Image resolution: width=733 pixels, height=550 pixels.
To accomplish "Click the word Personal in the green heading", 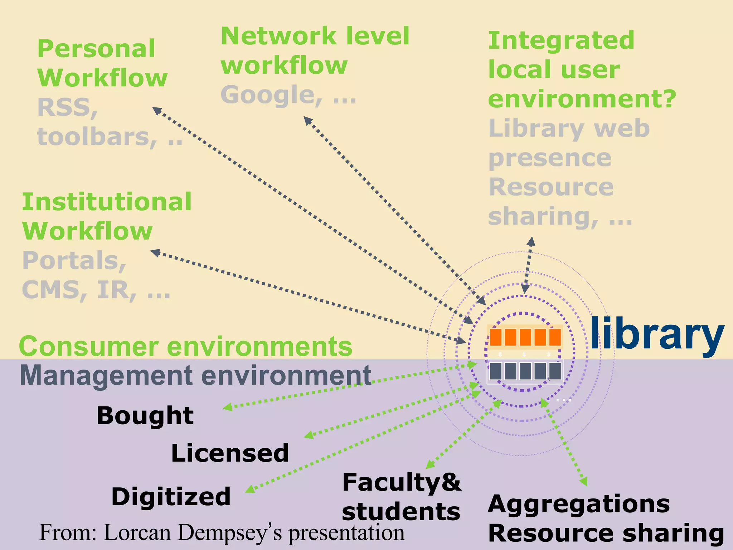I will tap(96, 49).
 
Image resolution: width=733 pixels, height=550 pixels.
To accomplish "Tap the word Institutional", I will tap(107, 202).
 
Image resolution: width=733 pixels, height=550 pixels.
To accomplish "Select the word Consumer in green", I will tap(89, 347).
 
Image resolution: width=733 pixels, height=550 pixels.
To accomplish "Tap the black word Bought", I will tap(145, 416).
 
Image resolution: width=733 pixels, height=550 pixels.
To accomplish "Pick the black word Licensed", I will tap(230, 453).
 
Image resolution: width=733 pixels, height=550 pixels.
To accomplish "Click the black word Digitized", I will tap(171, 497).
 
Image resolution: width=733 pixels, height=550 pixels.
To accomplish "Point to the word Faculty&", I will tap(402, 482).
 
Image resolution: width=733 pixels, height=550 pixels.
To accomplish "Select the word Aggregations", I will tap(579, 504).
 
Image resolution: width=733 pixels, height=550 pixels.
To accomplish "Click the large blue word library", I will tap(657, 334).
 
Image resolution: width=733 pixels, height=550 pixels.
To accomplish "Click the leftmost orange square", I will tap(495, 337).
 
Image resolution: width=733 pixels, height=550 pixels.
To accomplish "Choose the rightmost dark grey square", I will tap(555, 371).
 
